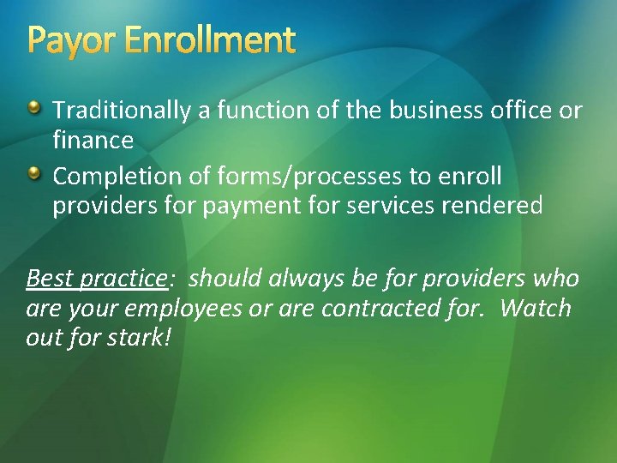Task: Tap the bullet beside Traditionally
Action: click(x=33, y=108)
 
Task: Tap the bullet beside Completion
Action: click(x=33, y=174)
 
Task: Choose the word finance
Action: click(x=93, y=139)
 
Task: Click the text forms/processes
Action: click(x=308, y=177)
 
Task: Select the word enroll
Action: click(x=470, y=177)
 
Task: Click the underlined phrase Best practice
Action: click(x=95, y=280)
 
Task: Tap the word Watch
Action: click(x=536, y=309)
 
